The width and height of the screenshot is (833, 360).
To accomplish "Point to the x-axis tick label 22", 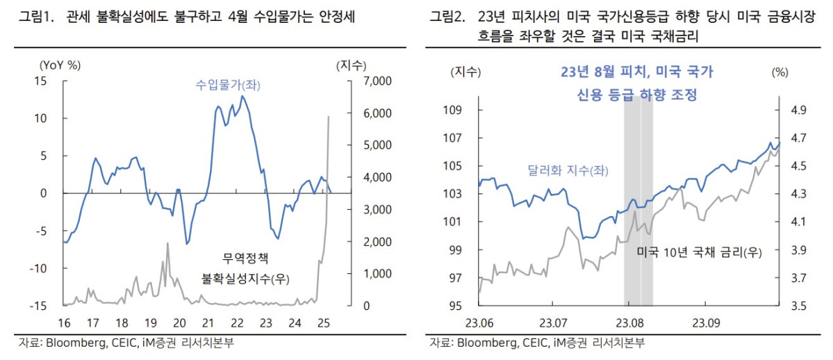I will (x=237, y=322).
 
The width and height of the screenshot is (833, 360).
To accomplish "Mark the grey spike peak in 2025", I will (x=329, y=117).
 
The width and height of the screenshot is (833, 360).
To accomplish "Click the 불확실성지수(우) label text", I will (x=245, y=279).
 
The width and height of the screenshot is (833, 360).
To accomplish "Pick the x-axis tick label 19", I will (x=151, y=322).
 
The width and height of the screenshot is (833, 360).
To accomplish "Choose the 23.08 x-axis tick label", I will (x=628, y=322).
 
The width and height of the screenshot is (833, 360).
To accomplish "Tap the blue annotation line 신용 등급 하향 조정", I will (x=637, y=95).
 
